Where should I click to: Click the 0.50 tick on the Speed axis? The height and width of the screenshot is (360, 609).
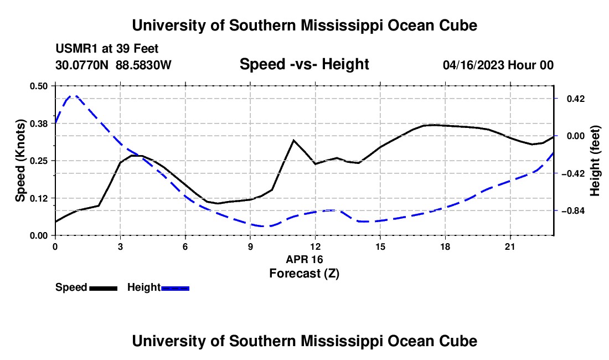[38, 86]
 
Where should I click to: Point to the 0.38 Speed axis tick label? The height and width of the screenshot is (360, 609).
[38, 124]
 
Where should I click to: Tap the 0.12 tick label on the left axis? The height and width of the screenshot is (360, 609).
[38, 198]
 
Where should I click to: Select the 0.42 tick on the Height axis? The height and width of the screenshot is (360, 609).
[576, 99]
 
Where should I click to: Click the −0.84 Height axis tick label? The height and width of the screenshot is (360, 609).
[573, 211]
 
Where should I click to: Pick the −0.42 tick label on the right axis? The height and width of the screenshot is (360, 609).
[573, 173]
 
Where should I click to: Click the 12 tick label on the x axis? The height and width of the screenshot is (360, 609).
[316, 246]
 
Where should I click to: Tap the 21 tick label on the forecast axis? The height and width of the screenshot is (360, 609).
[510, 246]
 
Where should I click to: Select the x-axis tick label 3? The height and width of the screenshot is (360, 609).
[120, 246]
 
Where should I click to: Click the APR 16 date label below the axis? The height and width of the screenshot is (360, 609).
[304, 259]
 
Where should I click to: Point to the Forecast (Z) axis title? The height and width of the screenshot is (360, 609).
[304, 274]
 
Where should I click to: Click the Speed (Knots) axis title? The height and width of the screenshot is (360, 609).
[20, 161]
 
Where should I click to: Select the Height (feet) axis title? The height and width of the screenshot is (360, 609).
[595, 161]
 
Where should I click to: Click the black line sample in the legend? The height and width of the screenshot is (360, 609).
[104, 289]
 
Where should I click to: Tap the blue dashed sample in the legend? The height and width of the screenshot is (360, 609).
[175, 289]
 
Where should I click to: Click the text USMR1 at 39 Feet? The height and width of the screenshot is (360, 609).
[107, 49]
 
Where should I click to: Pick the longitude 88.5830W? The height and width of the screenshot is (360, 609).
[143, 65]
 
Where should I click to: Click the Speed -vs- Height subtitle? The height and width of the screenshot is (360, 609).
[304, 64]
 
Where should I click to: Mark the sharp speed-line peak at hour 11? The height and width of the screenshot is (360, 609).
[293, 140]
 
